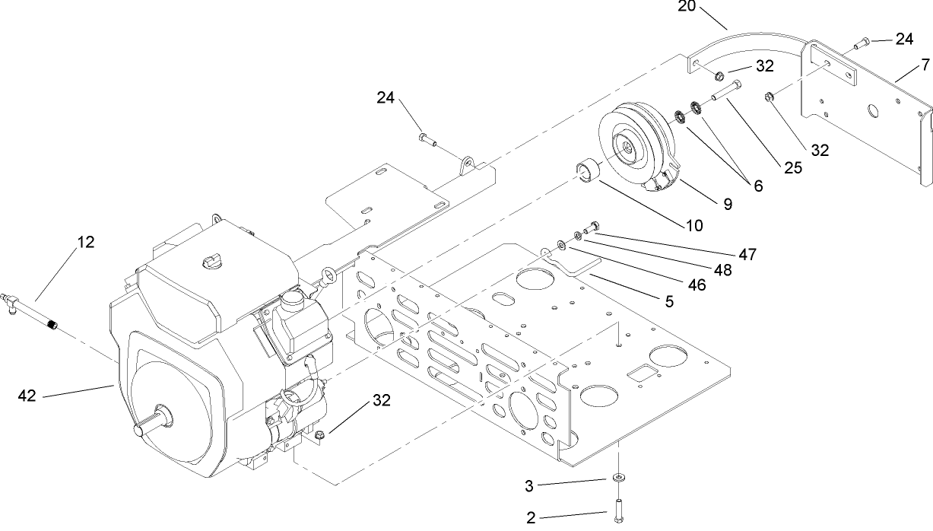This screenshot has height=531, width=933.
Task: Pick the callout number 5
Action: click(x=669, y=301)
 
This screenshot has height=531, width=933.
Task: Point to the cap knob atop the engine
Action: click(x=211, y=262)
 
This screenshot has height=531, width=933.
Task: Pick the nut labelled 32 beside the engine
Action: click(x=320, y=436)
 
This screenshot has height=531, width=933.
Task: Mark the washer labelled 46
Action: click(x=560, y=244)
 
